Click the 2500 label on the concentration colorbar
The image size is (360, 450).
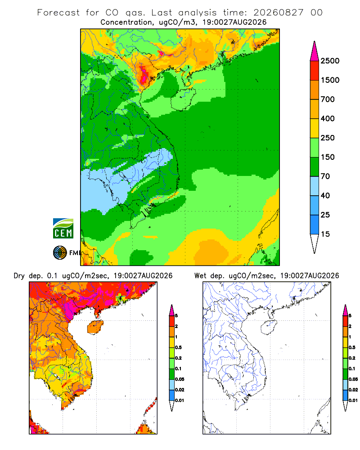point(330,61)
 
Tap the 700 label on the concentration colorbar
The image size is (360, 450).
point(328,99)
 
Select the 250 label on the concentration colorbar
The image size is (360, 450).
point(328,138)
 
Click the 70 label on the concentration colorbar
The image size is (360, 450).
point(325,176)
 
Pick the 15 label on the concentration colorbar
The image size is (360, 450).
point(325,234)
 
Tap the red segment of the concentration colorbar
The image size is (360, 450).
point(315,71)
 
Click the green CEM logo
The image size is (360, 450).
point(63,229)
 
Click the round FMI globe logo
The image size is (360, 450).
point(60,253)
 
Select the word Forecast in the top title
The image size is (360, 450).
point(58,13)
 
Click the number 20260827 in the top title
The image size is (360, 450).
point(278,13)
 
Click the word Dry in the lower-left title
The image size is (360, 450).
point(19,276)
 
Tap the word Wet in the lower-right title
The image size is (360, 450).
point(200,276)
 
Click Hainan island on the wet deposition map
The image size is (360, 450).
point(269,327)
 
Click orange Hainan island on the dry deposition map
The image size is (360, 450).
point(95,327)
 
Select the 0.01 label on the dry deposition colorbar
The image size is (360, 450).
point(180,400)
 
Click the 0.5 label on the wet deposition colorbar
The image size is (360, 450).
point(351,347)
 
